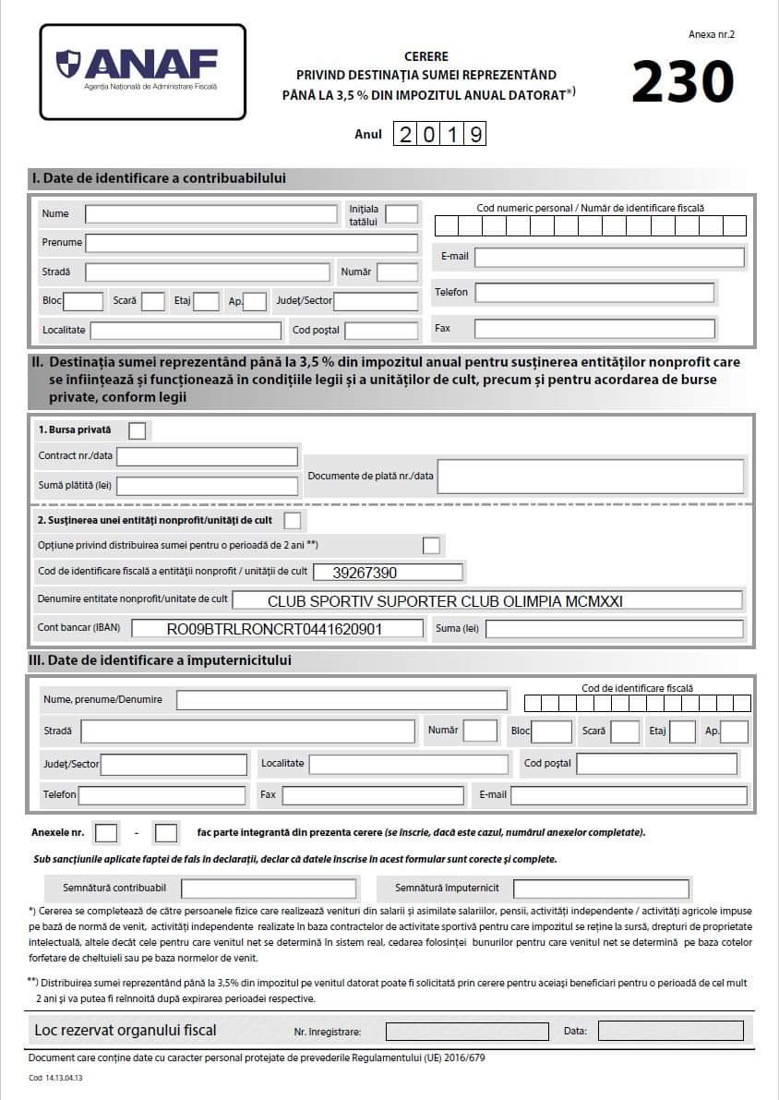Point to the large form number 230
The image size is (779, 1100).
click(682, 82)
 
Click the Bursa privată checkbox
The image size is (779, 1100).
click(137, 430)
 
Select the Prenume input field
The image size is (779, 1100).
click(251, 243)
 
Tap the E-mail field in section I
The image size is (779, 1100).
click(609, 257)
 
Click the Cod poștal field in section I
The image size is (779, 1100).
click(381, 331)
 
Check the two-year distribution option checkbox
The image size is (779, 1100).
click(431, 545)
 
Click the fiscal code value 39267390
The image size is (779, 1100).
click(365, 573)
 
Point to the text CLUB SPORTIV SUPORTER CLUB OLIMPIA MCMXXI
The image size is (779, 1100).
click(445, 601)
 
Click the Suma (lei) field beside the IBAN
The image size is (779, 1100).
click(614, 630)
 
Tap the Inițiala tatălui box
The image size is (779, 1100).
click(401, 214)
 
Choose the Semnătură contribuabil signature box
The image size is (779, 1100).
click(269, 888)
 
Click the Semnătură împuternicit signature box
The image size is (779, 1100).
click(601, 888)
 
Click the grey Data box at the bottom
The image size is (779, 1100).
click(670, 1031)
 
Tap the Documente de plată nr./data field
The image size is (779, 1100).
click(591, 477)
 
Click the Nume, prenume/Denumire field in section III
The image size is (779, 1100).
click(342, 700)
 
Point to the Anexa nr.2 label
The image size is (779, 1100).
click(711, 34)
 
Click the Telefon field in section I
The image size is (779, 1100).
click(594, 293)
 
